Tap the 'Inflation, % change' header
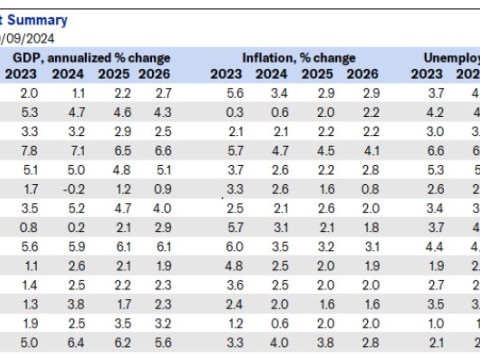297,58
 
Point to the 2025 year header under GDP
119,73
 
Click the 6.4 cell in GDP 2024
74,342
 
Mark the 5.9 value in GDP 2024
74,246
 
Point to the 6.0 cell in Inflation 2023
234,246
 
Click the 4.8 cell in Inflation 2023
234,266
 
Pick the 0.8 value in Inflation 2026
370,188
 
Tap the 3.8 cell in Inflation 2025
324,342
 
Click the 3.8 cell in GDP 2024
74,304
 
